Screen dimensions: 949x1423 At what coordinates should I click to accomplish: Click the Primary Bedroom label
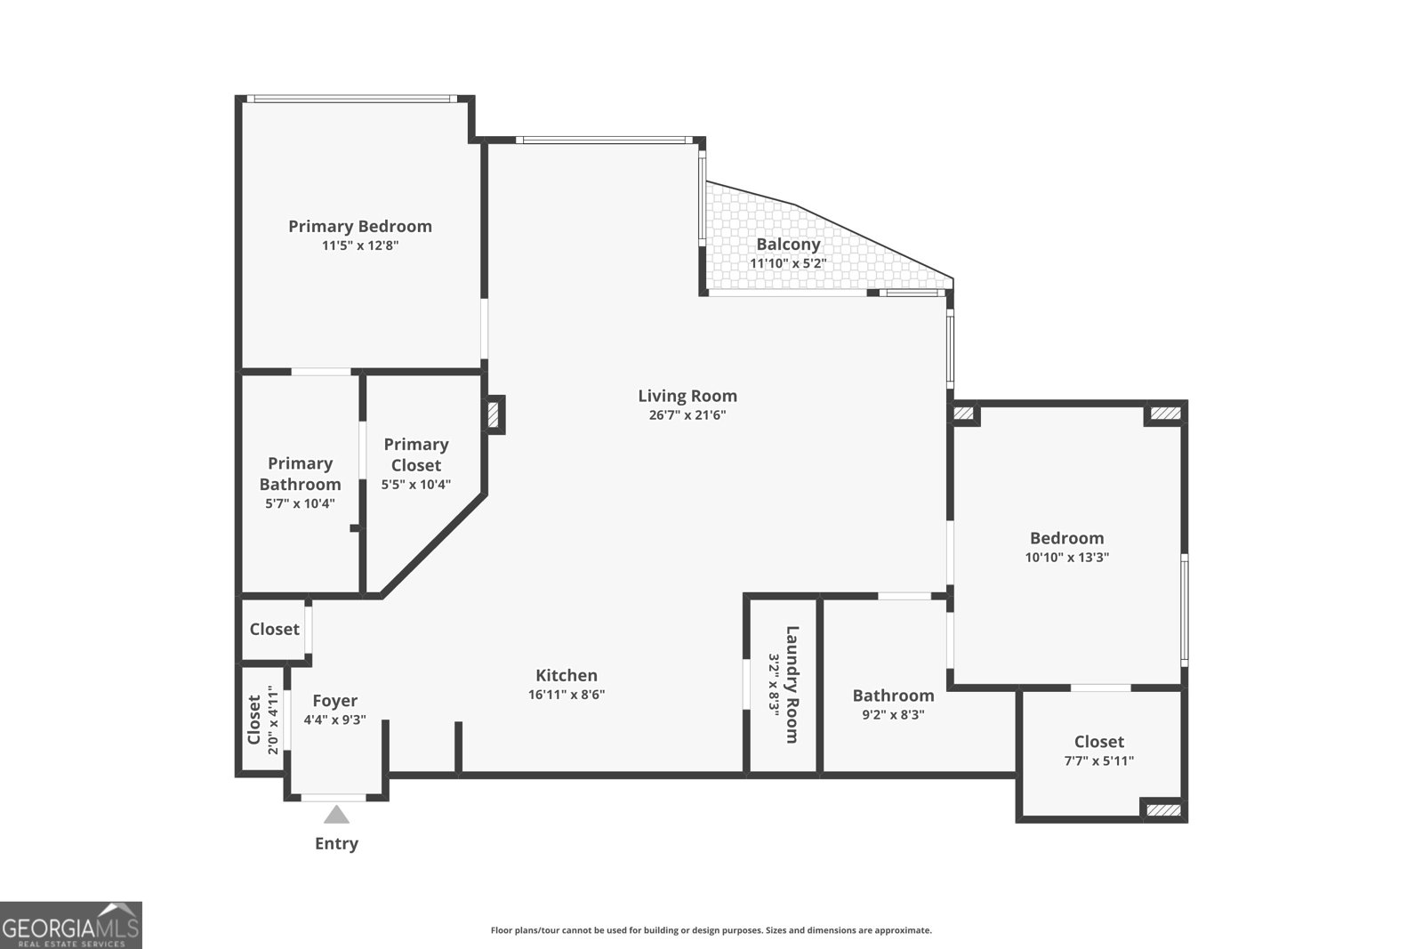360,226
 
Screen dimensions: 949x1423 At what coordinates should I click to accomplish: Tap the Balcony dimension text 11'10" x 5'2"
788,263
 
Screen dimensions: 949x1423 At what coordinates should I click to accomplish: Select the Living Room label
687,396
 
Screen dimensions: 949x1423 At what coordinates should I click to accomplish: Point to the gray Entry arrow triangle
336,814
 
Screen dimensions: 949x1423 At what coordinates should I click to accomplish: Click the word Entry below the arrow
336,843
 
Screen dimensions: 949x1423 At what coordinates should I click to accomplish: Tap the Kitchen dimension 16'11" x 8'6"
567,695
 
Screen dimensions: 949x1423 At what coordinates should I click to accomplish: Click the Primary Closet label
416,454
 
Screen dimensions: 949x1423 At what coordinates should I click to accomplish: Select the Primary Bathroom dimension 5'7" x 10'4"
300,503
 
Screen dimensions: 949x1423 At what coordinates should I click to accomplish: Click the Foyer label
335,701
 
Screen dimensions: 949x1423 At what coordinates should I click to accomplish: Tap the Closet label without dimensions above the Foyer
274,629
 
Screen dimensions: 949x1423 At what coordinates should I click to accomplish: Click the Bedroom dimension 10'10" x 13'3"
1066,558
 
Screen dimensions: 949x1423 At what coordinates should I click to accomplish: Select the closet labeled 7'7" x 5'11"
1099,750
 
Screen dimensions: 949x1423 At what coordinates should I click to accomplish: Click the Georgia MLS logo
70,925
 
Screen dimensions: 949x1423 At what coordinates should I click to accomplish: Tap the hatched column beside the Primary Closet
493,414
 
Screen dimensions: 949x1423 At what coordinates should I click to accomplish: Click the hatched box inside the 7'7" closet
1163,809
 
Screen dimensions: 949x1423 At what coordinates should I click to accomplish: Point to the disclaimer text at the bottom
711,930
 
